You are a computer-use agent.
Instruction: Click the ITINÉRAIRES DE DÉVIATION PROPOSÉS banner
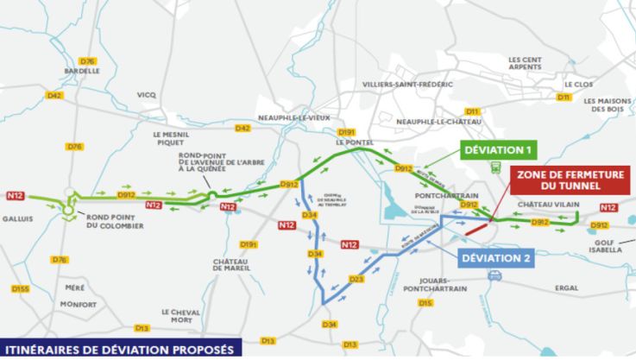click(121, 350)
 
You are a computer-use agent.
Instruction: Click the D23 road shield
click(356, 279)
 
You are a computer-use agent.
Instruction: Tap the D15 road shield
click(425, 303)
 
